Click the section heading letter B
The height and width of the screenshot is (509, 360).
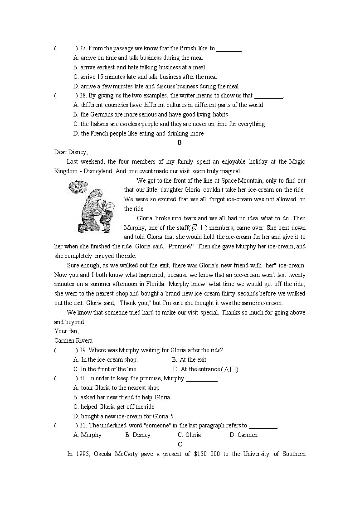point(180,143)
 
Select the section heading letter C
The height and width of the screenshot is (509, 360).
point(180,445)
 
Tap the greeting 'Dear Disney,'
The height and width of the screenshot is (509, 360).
point(71,152)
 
